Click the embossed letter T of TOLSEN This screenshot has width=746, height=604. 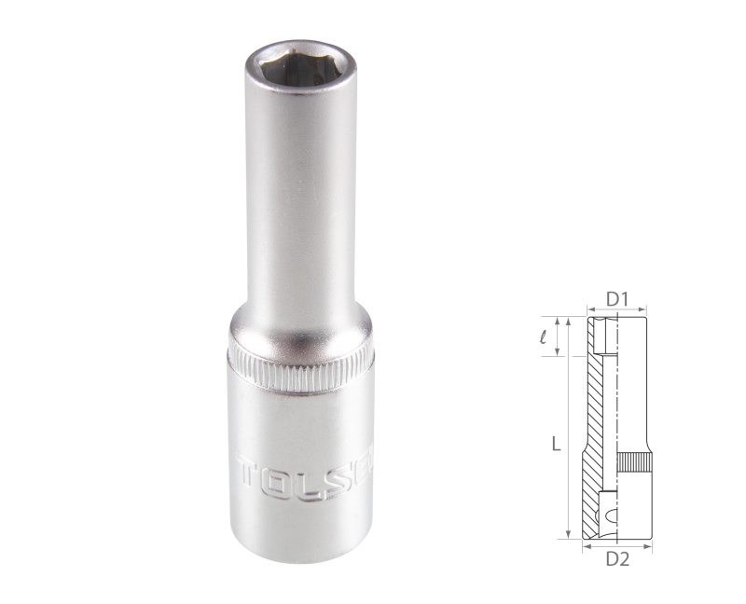(250, 474)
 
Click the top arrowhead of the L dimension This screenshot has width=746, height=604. (568, 321)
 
